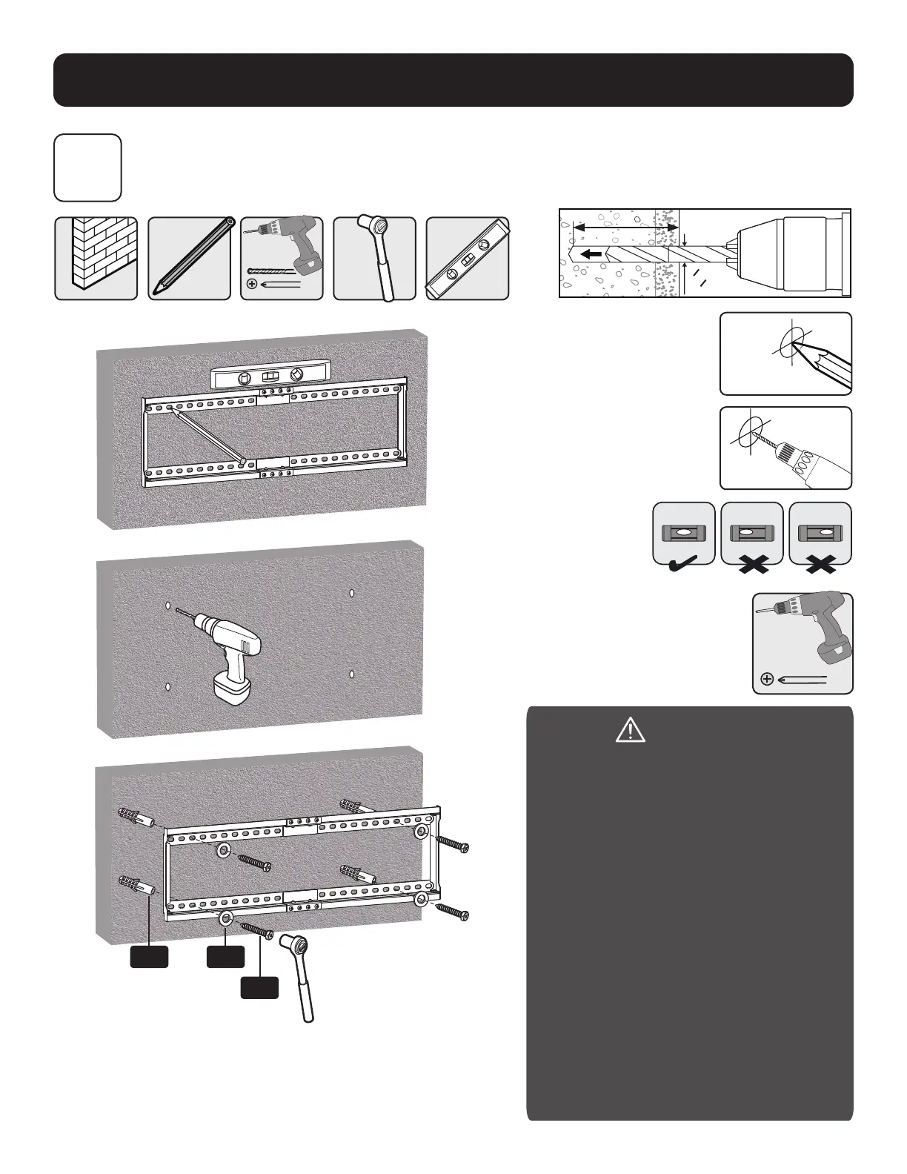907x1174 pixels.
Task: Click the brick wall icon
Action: [96, 258]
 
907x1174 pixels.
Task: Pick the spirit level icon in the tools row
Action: [468, 258]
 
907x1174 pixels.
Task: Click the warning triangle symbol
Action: [630, 731]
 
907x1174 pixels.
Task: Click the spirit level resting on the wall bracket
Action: [269, 377]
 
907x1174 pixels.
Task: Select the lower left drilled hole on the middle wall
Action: [169, 686]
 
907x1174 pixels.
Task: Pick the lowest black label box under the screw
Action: [260, 988]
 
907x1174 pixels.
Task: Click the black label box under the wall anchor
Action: [149, 957]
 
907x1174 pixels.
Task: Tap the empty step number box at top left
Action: [87, 168]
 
